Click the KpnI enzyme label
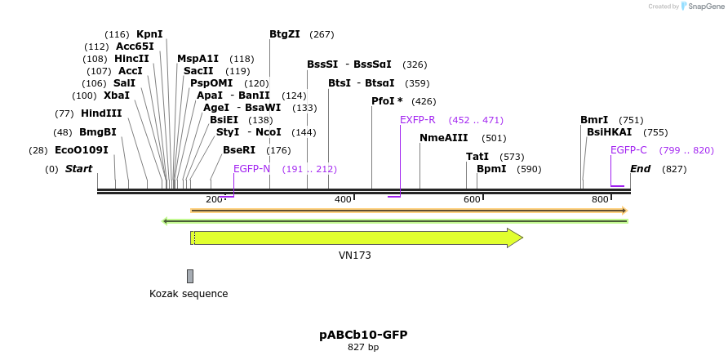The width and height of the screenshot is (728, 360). pyautogui.click(x=149, y=34)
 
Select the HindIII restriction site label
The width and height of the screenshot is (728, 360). pyautogui.click(x=101, y=113)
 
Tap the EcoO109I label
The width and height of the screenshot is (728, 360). pyautogui.click(x=81, y=150)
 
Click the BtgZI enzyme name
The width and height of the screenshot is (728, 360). pyautogui.click(x=285, y=34)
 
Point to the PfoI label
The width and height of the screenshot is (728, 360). pyautogui.click(x=387, y=101)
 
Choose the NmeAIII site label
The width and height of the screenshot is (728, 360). pyautogui.click(x=443, y=138)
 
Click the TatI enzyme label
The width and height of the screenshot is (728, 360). pyautogui.click(x=477, y=157)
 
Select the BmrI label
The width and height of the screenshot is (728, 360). pyautogui.click(x=594, y=120)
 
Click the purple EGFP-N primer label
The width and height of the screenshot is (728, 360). pyautogui.click(x=251, y=169)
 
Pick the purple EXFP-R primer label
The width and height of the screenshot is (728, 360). pyautogui.click(x=417, y=120)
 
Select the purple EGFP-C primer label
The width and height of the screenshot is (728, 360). pyautogui.click(x=628, y=150)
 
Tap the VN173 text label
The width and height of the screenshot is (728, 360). pyautogui.click(x=355, y=256)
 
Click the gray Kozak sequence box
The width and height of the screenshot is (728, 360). pyautogui.click(x=190, y=276)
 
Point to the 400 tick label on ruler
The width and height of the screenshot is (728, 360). pyautogui.click(x=343, y=200)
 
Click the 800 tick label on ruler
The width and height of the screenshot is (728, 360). pyautogui.click(x=600, y=200)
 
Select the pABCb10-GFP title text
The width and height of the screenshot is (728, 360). pyautogui.click(x=363, y=335)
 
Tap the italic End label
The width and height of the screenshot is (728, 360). pyautogui.click(x=640, y=169)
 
